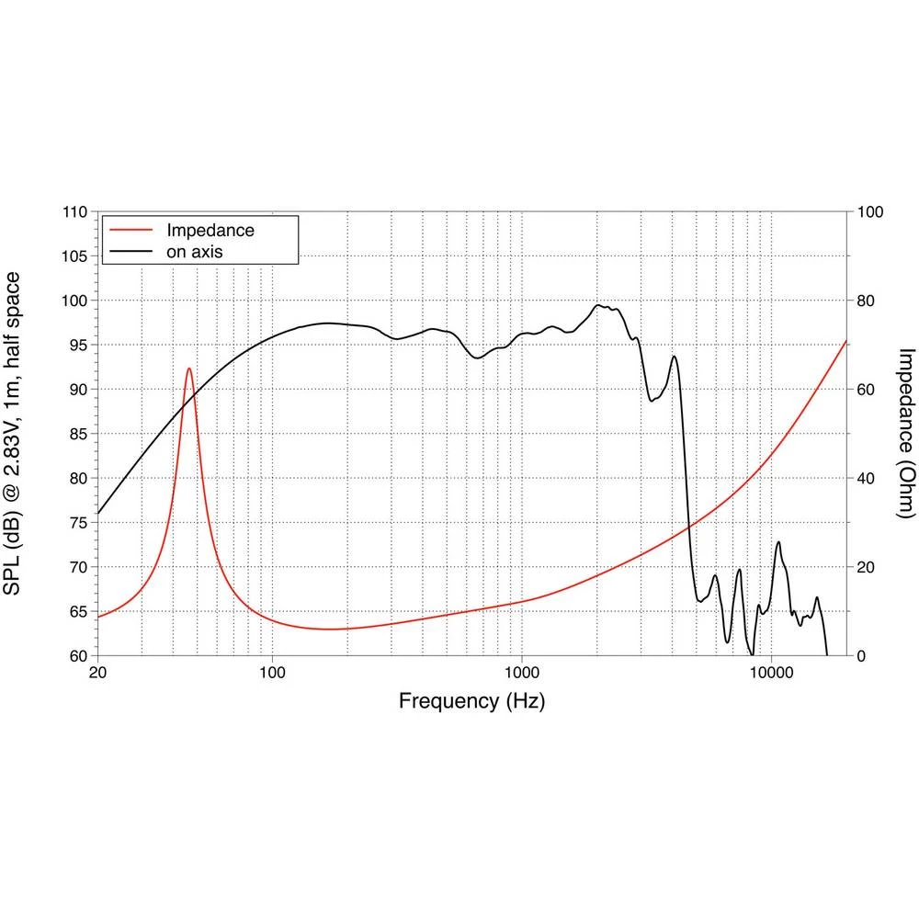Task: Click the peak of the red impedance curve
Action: pyautogui.click(x=189, y=369)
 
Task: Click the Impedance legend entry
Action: pyautogui.click(x=210, y=230)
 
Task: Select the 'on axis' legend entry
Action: pyautogui.click(x=194, y=250)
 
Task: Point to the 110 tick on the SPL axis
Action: pyautogui.click(x=76, y=212)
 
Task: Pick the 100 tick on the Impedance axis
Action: pyautogui.click(x=869, y=212)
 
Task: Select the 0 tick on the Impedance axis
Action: pyautogui.click(x=862, y=656)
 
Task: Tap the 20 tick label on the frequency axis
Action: pyautogui.click(x=97, y=672)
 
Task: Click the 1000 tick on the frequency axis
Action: pyautogui.click(x=522, y=672)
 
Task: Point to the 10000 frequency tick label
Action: pyautogui.click(x=771, y=672)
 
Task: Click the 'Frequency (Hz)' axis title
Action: pyautogui.click(x=471, y=702)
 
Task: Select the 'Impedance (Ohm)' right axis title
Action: pyautogui.click(x=906, y=434)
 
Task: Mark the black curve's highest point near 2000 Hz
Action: pyautogui.click(x=598, y=305)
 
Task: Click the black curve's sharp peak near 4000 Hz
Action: pyautogui.click(x=675, y=357)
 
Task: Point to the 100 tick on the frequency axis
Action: pyautogui.click(x=272, y=672)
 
